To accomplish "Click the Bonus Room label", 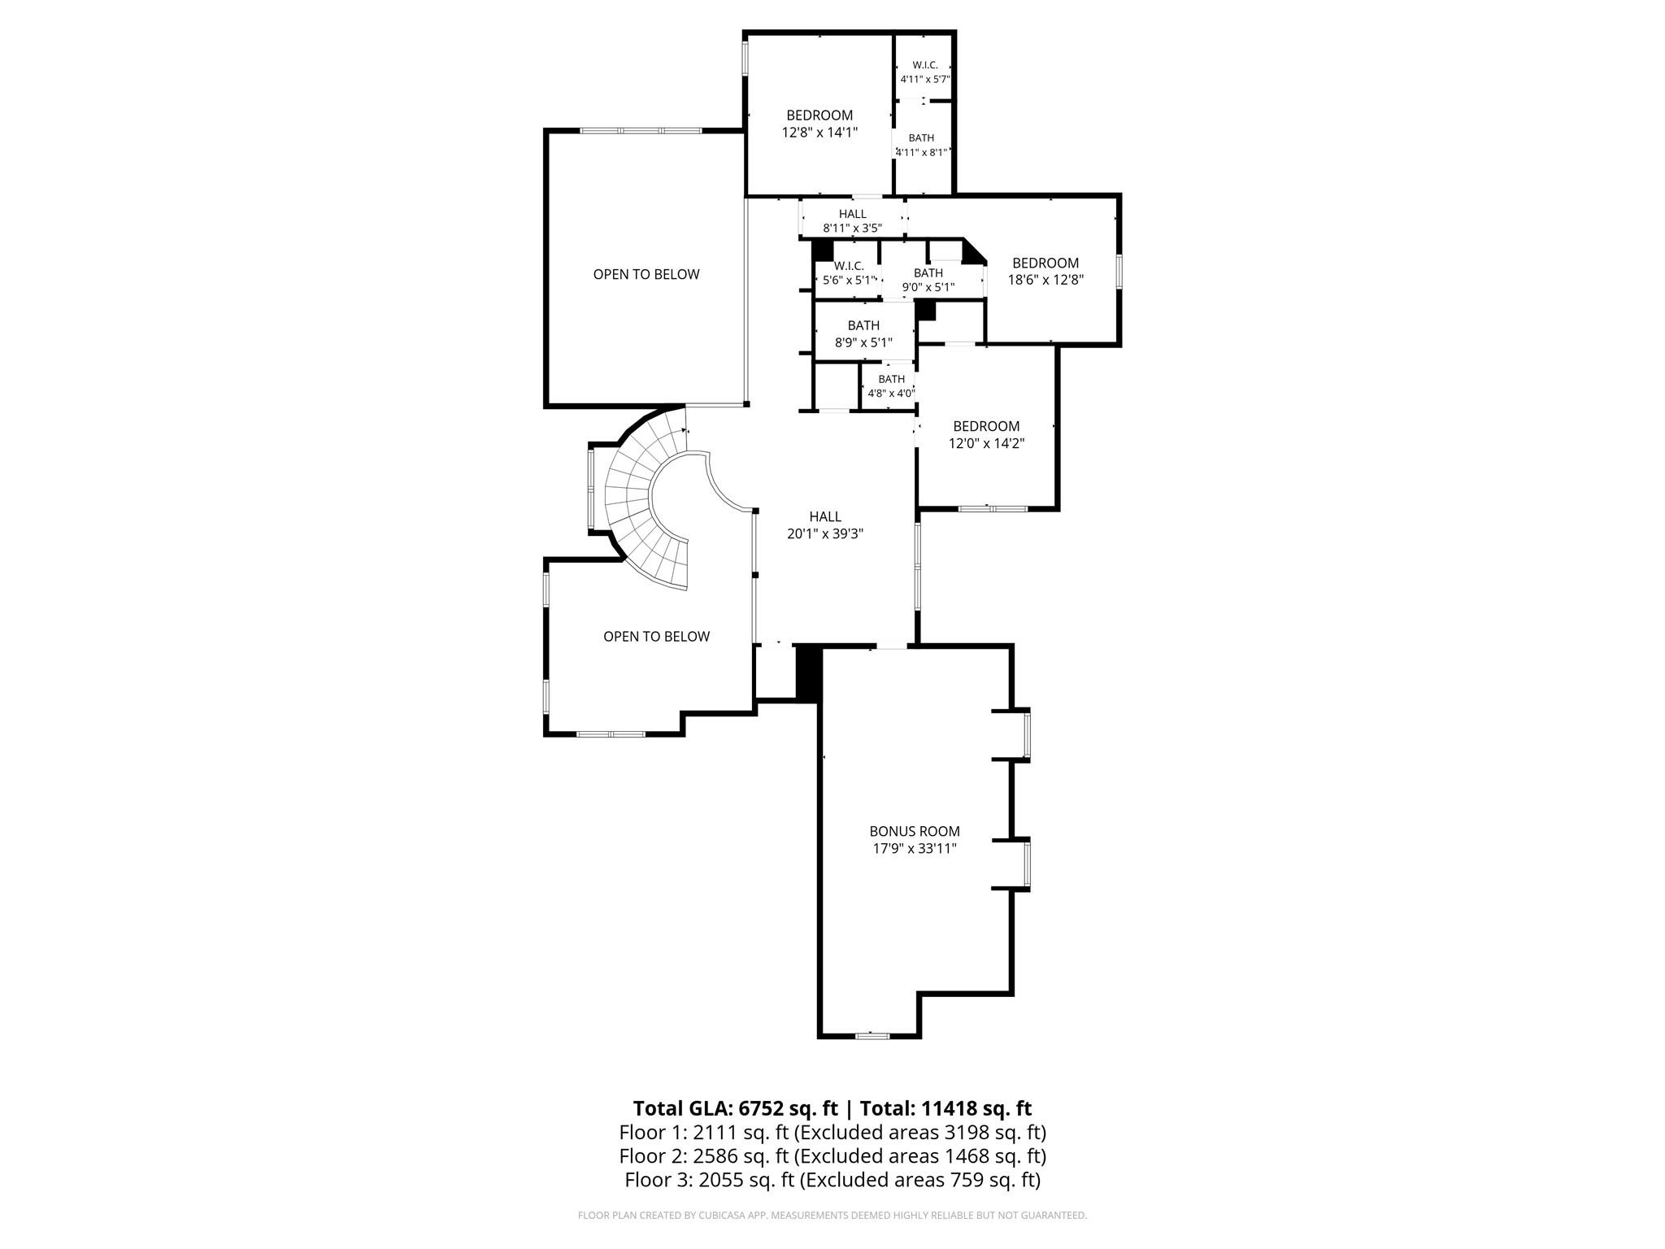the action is (x=915, y=831).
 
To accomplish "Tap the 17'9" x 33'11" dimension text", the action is (x=915, y=849).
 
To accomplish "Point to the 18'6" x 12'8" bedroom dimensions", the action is (x=1046, y=280).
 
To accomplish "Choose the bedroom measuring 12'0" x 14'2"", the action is (x=986, y=435).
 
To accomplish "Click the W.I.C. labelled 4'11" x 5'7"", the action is (x=925, y=72).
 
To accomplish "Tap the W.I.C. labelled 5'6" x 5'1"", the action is (x=849, y=273).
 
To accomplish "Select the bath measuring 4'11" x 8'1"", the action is (x=921, y=145).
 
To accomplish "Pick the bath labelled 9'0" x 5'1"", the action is (x=928, y=280).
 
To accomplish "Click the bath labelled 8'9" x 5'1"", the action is (x=863, y=334).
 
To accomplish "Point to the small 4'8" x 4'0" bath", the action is (x=892, y=386).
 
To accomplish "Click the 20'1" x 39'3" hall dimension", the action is (x=825, y=534).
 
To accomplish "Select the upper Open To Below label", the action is (x=646, y=274).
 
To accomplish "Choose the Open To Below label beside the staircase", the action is (x=656, y=637).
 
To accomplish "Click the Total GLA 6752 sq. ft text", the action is (x=735, y=1108).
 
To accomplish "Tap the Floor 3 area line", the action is (x=832, y=1180).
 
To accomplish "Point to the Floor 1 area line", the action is (x=832, y=1132).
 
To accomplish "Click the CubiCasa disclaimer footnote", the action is (x=832, y=1216).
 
